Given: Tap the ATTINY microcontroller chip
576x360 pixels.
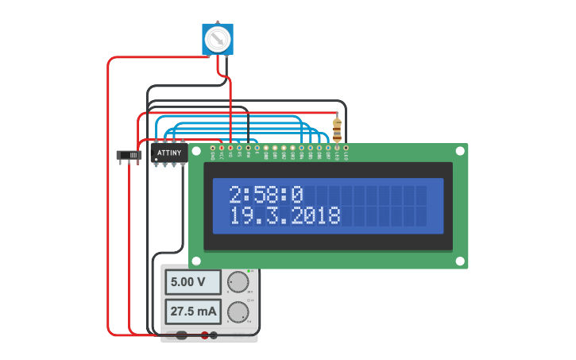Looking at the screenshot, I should pos(169,152).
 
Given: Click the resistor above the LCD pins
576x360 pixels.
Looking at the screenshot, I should pos(338,130).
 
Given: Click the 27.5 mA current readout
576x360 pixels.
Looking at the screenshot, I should pos(194,312).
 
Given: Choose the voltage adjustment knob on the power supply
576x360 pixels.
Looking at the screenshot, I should pos(237,282).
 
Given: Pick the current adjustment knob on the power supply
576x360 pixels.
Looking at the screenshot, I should pos(237,312).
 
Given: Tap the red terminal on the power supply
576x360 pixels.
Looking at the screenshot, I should pos(204,335).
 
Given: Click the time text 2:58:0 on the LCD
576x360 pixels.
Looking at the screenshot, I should pos(266,195).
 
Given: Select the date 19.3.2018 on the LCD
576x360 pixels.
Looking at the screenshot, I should pos(284,215).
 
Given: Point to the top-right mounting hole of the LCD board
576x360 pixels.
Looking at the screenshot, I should pos(459,150).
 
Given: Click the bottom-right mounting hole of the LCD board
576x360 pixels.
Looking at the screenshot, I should pos(459,261).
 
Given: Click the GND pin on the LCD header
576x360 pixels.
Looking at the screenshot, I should pos(213,148).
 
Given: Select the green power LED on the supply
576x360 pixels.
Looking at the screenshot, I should pos(249,271).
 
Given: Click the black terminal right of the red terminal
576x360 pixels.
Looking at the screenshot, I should pos(215,335).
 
